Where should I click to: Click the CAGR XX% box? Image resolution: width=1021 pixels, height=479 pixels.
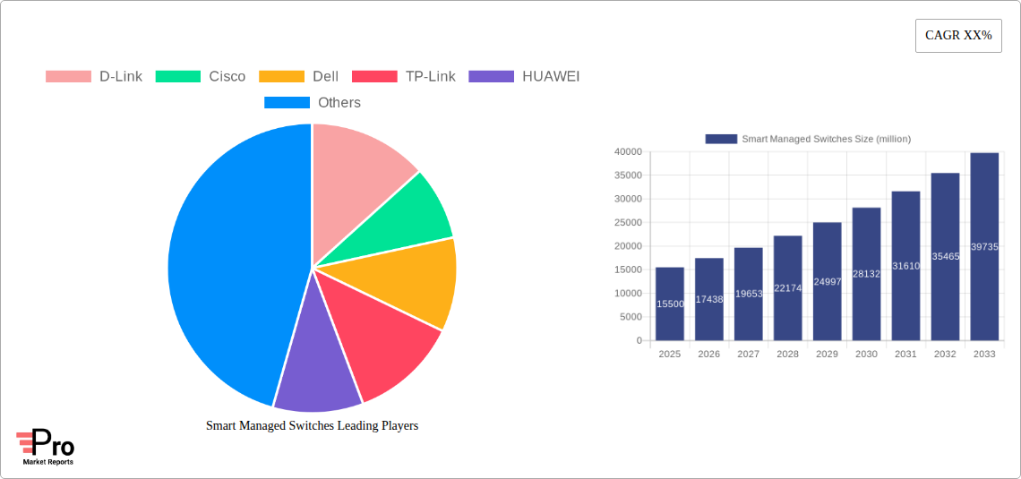(x=958, y=36)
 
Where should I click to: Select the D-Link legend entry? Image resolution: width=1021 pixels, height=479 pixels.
(x=94, y=76)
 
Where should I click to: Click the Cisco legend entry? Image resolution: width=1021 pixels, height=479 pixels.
(x=201, y=76)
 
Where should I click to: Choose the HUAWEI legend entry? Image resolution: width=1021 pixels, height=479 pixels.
(x=525, y=76)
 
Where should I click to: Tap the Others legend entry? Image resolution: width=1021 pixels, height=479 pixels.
(x=313, y=102)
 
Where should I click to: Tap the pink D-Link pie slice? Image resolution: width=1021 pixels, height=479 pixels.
(x=358, y=170)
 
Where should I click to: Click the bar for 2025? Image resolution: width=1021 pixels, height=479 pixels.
(x=670, y=304)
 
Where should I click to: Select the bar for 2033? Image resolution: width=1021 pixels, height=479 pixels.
(x=984, y=246)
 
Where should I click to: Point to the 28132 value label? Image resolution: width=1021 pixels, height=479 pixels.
(x=866, y=274)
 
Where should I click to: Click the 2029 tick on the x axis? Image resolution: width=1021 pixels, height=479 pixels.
(x=827, y=355)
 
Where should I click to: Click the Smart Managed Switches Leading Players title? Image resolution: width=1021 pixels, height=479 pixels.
(x=312, y=426)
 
